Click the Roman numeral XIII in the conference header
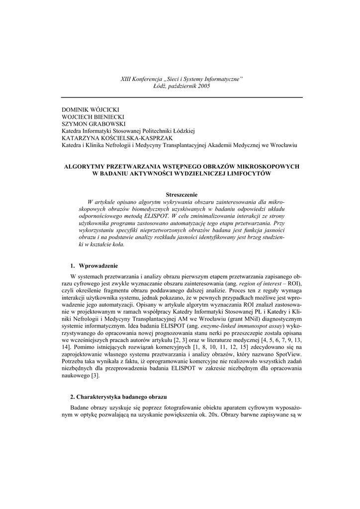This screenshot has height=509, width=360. point(128,79)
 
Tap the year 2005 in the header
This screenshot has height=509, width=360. point(203,86)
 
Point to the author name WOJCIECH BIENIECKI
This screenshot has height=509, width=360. point(93,116)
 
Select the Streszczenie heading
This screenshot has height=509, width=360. point(181,195)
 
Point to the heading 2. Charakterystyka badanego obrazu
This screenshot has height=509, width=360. point(118,397)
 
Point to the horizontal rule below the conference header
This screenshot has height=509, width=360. point(181,97)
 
